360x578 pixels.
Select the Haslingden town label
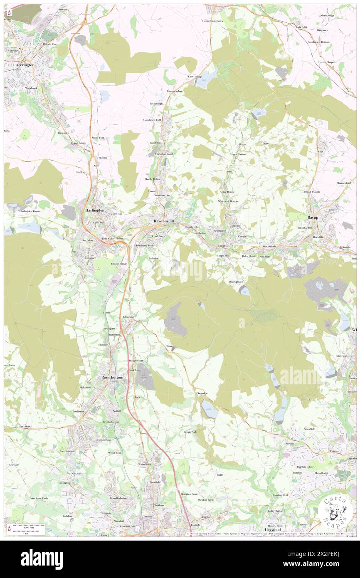coord(95,210)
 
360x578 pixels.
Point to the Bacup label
coord(313,217)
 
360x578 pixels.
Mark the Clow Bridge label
coord(195,77)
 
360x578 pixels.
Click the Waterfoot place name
coord(223,246)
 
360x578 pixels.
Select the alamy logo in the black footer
coord(42,559)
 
